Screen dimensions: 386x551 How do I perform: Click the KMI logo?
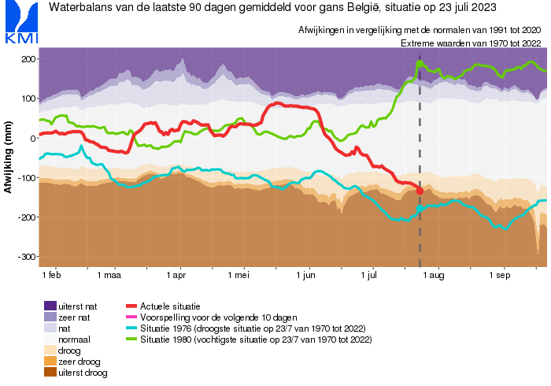(x=20, y=23)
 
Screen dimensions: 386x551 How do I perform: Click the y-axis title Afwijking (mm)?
(x=9, y=158)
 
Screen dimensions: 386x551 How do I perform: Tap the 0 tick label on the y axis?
(x=31, y=139)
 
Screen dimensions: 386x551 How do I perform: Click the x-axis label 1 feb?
(x=51, y=277)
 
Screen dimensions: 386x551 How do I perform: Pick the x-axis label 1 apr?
(x=176, y=277)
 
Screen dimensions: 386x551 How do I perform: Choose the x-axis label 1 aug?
(x=435, y=277)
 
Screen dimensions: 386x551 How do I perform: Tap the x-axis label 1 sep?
(x=501, y=277)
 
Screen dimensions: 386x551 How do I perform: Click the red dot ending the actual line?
(x=420, y=191)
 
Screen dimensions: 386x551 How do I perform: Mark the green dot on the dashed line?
(x=420, y=64)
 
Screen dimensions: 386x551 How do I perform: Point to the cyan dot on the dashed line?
(x=420, y=207)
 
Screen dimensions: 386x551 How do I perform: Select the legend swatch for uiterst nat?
(x=50, y=306)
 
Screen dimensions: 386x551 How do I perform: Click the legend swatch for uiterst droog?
(x=50, y=373)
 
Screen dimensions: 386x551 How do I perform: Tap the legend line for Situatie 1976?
(x=131, y=328)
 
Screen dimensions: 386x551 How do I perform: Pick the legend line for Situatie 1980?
(x=131, y=339)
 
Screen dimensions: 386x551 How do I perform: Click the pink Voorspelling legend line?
(x=131, y=317)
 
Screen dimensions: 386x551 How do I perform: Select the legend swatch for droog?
(x=50, y=350)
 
